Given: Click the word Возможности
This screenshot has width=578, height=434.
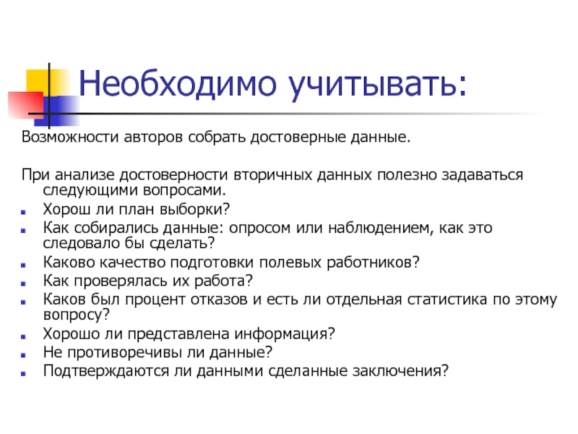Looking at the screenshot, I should (61, 137).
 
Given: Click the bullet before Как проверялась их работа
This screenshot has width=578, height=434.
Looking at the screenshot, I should (27, 281).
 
